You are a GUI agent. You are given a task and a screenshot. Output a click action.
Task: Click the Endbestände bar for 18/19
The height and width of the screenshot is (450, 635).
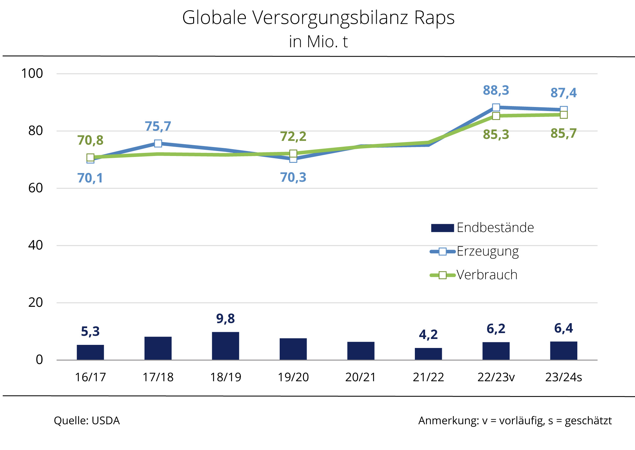point(225,346)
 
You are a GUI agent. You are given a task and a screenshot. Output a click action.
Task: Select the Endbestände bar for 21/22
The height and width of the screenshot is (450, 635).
point(428,354)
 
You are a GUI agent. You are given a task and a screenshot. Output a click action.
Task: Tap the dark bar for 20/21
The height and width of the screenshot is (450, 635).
point(361,351)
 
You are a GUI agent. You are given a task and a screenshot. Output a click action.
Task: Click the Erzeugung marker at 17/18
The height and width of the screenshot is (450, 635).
point(158,144)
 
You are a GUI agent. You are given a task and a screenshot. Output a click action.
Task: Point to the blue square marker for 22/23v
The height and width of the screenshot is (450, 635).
point(496,108)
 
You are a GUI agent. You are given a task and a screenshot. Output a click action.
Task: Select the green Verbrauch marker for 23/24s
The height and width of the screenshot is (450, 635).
point(564,115)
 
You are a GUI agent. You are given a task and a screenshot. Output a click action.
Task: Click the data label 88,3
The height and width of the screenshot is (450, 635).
point(496,90)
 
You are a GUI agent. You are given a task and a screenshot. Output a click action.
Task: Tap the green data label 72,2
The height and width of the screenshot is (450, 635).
point(293,136)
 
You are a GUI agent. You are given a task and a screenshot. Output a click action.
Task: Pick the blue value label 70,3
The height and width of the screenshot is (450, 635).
point(293,177)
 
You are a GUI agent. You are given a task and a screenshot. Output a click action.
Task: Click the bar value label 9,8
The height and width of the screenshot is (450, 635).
point(225,319)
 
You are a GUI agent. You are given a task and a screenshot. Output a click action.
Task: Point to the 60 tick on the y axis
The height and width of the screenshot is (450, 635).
point(35,188)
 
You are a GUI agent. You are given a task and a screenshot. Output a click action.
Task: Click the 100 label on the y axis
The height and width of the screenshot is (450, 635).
point(32,74)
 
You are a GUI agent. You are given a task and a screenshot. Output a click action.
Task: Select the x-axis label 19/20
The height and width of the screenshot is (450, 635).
point(293,377)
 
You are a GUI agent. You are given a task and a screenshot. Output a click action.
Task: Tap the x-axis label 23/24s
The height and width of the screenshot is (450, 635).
point(563,377)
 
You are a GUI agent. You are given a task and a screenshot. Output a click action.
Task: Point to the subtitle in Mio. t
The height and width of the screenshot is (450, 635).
point(318,42)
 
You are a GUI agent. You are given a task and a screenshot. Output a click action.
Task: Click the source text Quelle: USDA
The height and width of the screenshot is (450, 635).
point(87,421)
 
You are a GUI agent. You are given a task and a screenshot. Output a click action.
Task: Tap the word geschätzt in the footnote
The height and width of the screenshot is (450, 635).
point(588,421)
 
